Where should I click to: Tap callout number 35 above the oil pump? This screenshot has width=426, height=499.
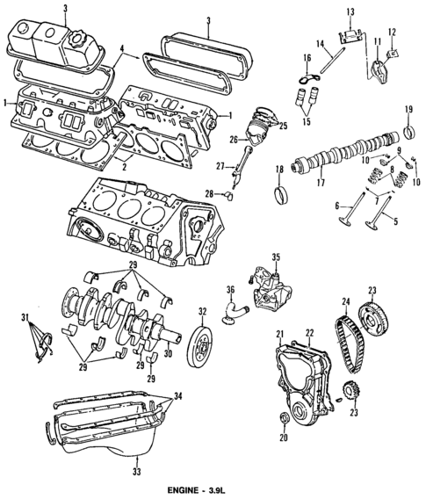275,257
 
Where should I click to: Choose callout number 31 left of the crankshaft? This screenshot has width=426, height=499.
25,317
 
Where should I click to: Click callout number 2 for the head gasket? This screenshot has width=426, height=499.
125,163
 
